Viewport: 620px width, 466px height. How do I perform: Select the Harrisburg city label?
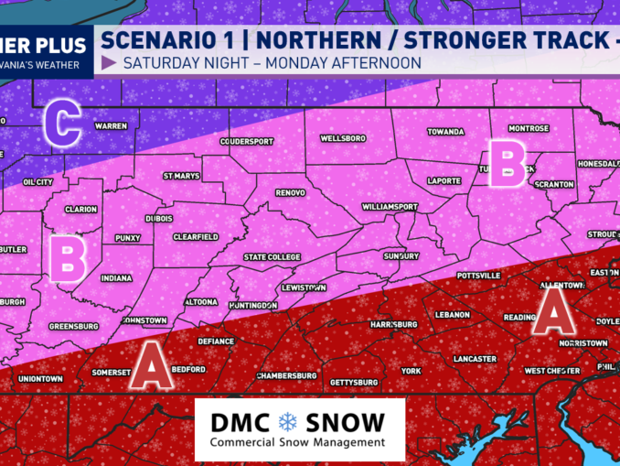point(393,325)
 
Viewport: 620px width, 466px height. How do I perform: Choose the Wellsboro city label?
point(343,138)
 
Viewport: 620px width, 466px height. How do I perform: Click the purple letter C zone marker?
point(63,124)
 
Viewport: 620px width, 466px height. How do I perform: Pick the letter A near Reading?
point(554,313)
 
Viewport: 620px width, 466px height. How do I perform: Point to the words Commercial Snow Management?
point(297,442)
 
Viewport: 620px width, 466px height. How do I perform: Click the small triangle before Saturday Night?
point(109,63)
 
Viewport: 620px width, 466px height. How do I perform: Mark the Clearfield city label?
point(195,235)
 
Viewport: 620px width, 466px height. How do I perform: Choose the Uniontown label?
point(40,378)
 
